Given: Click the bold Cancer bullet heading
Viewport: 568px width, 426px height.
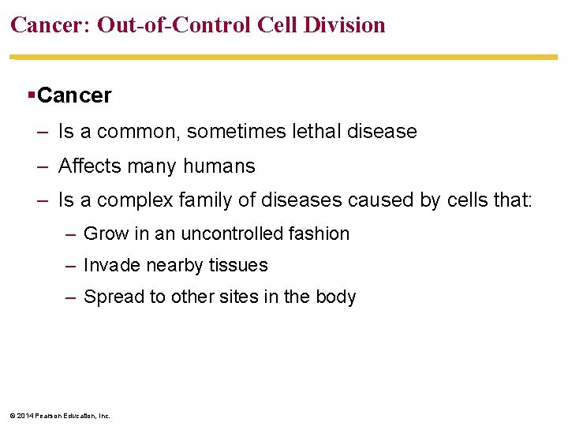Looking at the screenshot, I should (x=74, y=96).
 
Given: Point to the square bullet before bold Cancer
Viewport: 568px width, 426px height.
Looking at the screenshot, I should (x=30, y=96).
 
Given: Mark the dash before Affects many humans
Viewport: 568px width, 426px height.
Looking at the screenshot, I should (x=42, y=166).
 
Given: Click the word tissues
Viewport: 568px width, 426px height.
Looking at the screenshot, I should (x=239, y=266).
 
